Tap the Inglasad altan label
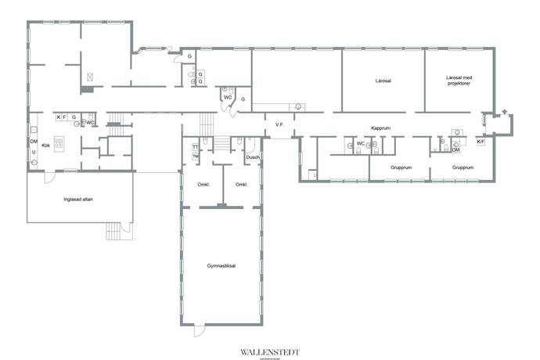tap(79, 198)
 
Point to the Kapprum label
tap(380, 128)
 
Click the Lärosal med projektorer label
tap(459, 81)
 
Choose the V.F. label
tap(279, 125)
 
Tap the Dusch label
tap(252, 157)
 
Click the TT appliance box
tap(195, 147)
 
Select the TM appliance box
tap(195, 157)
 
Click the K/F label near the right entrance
tap(481, 142)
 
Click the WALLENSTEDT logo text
tap(270, 351)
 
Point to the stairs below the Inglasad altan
tap(116, 232)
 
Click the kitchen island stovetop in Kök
tap(59, 143)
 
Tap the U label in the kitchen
tap(34, 152)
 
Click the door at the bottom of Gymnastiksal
tap(200, 329)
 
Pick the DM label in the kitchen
tap(34, 141)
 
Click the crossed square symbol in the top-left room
tap(92, 77)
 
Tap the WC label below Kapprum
tap(361, 143)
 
